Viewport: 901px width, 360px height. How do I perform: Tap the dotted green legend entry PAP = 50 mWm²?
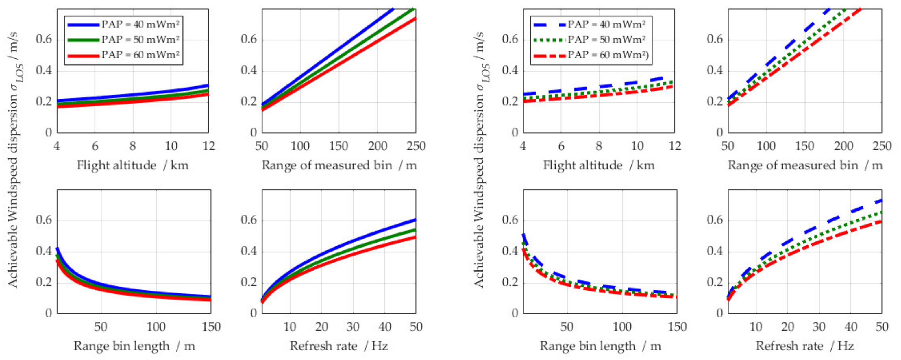(x=606, y=40)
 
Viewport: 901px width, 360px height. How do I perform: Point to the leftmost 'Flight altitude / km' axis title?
(x=133, y=165)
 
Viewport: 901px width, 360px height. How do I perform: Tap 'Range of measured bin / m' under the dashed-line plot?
(x=805, y=165)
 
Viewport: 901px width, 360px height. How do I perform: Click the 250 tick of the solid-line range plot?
(x=415, y=146)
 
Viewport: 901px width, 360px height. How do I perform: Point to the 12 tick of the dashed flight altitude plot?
(x=674, y=146)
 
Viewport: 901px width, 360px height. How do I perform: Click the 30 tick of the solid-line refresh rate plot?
(x=353, y=327)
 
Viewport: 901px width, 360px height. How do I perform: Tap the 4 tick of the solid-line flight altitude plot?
(x=57, y=146)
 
